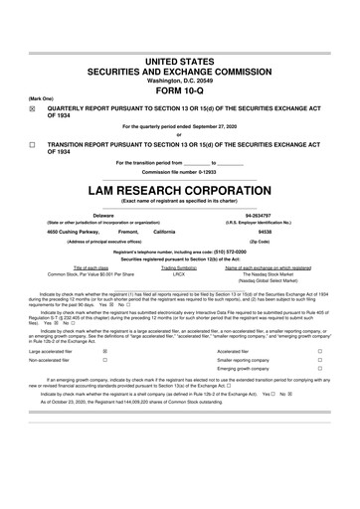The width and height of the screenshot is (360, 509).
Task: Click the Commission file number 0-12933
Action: (180, 171)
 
